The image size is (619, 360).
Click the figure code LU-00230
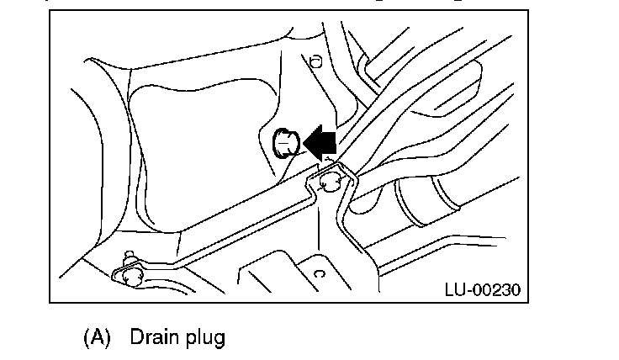point(482,290)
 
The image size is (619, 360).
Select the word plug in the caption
point(204,339)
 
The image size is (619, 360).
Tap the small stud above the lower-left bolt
point(128,253)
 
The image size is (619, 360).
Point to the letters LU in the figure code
point(454,290)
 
